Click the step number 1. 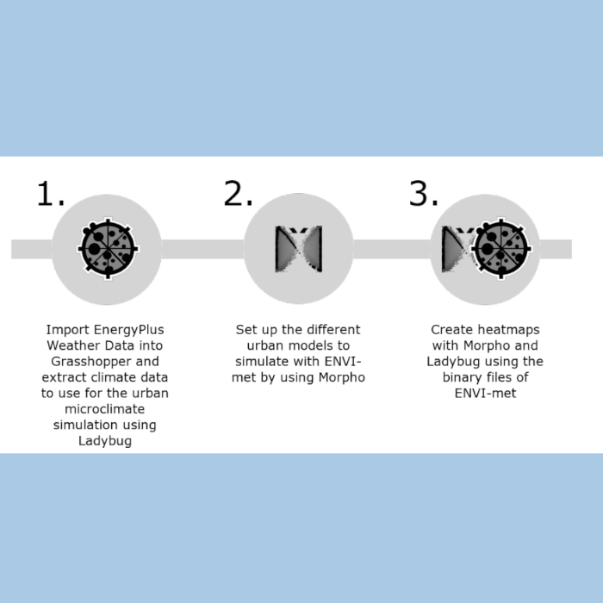click(x=50, y=194)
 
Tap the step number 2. click(x=238, y=194)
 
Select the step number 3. click(x=424, y=194)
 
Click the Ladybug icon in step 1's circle click(x=108, y=249)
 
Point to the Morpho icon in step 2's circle click(x=298, y=249)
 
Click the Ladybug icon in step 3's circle click(x=501, y=249)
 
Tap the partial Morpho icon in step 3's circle click(x=457, y=249)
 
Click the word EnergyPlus click(x=129, y=330)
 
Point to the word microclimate click(x=104, y=409)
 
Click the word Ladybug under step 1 click(x=105, y=441)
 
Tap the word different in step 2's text click(x=333, y=330)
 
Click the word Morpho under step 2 click(x=341, y=377)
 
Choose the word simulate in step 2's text click(x=262, y=362)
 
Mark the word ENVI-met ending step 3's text click(x=485, y=393)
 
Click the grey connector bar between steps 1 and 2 click(x=202, y=249)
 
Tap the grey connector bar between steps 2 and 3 click(x=392, y=249)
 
